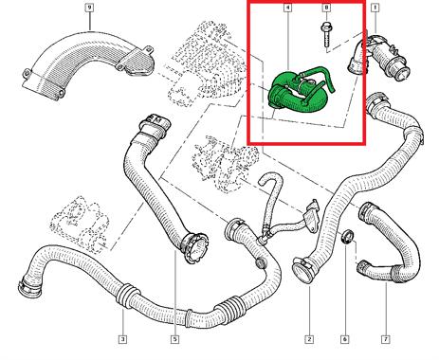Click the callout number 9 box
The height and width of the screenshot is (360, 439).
pyautogui.click(x=90, y=7)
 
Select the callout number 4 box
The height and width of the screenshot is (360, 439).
pyautogui.click(x=287, y=7)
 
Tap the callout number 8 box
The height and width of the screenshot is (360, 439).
pyautogui.click(x=326, y=7)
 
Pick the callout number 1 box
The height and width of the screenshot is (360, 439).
pyautogui.click(x=375, y=7)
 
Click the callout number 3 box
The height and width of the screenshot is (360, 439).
pyautogui.click(x=122, y=339)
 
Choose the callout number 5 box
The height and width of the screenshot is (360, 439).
pyautogui.click(x=174, y=339)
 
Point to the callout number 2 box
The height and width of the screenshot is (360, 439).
pyautogui.click(x=309, y=339)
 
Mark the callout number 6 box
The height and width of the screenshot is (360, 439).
pyautogui.click(x=344, y=339)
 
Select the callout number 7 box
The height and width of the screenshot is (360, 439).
pyautogui.click(x=385, y=339)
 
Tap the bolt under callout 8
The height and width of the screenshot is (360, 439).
pyautogui.click(x=326, y=35)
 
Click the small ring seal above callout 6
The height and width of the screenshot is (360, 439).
pyautogui.click(x=348, y=237)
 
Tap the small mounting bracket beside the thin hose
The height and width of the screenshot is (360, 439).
pyautogui.click(x=311, y=216)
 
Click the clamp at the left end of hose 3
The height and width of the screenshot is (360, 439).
pyautogui.click(x=29, y=287)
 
